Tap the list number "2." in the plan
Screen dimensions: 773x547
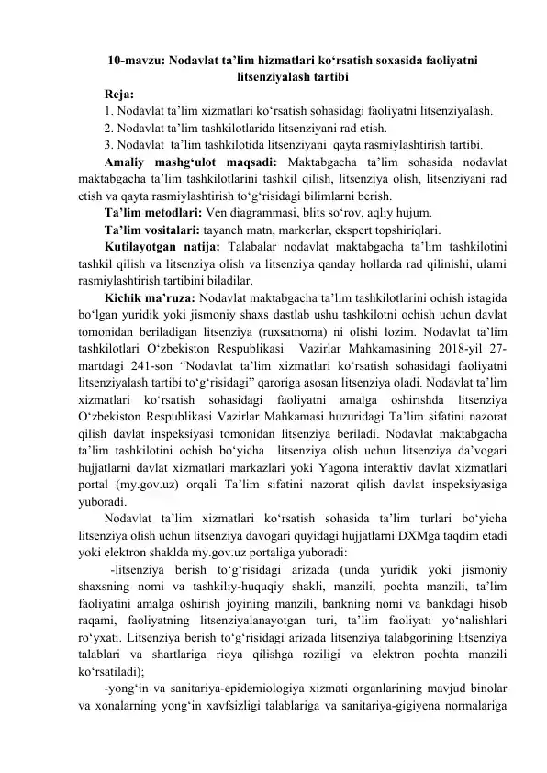(x=109, y=128)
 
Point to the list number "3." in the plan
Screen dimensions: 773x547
(x=109, y=144)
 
